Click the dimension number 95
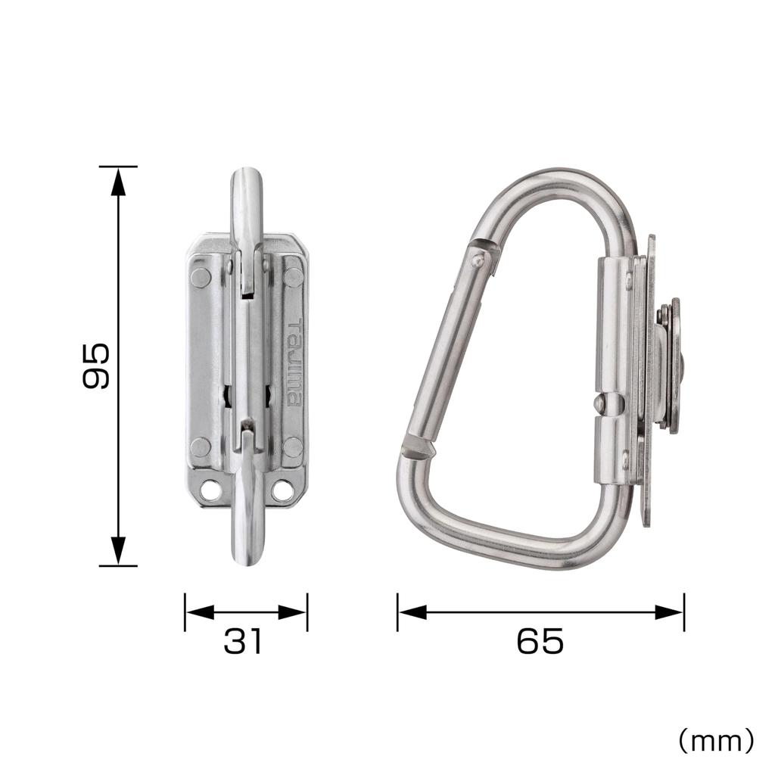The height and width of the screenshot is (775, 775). (96, 366)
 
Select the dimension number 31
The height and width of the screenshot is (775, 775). (244, 642)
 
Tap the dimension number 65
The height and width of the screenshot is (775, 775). (540, 642)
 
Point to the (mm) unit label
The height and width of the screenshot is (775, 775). (715, 740)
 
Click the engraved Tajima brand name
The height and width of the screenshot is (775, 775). (294, 363)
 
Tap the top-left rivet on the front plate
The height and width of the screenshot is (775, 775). (201, 278)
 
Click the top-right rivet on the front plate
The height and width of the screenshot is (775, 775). (293, 278)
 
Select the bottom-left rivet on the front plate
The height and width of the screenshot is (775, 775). (201, 447)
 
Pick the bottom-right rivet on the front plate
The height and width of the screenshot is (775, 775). (293, 447)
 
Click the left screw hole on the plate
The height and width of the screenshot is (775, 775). (211, 490)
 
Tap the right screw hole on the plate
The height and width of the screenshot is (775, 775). (282, 490)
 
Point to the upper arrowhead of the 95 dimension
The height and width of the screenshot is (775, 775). (118, 180)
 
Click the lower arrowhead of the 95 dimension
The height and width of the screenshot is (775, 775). (118, 550)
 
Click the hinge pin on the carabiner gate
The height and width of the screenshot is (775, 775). (477, 261)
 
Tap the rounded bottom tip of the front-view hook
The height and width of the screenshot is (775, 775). (247, 554)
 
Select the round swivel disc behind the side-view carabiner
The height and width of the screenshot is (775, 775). (670, 365)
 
